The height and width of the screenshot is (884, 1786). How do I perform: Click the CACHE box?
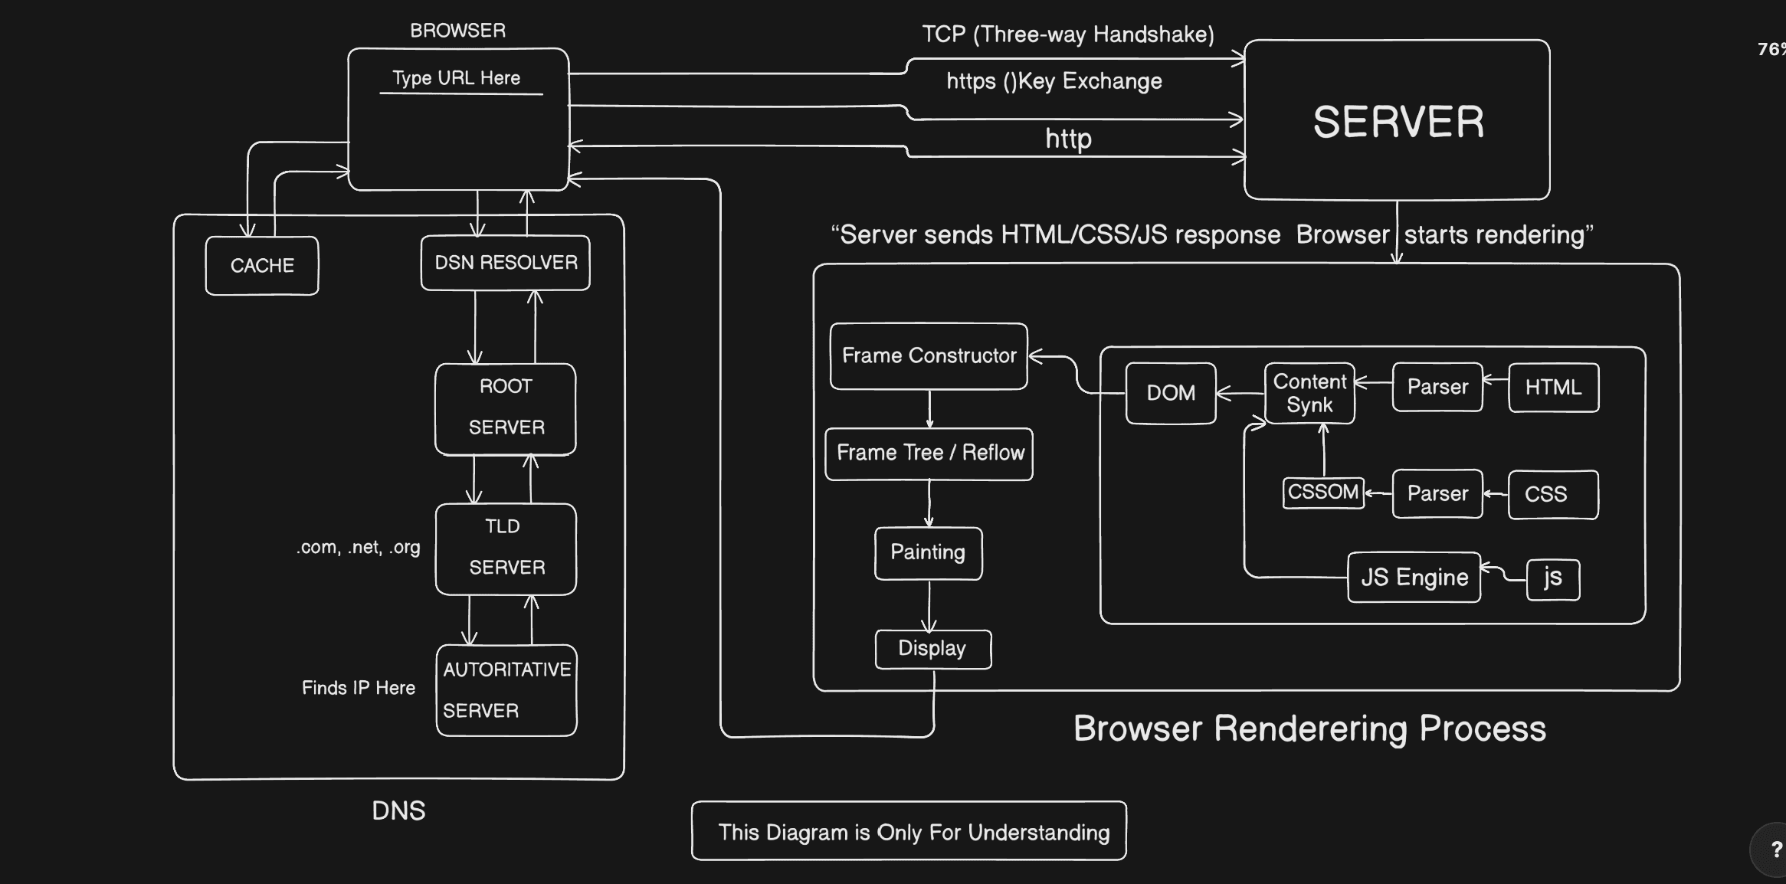pos(262,266)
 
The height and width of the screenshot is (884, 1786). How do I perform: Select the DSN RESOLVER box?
pos(506,263)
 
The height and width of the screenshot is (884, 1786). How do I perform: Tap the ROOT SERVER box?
pos(506,408)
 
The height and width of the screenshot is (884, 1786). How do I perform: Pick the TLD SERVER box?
pos(506,548)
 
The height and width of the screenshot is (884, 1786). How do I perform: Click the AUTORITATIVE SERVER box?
pos(506,690)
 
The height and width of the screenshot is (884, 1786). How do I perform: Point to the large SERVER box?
pos(1397,120)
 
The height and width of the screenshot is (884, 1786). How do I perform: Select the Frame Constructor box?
pos(929,356)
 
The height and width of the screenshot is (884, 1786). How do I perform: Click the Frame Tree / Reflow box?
pos(929,453)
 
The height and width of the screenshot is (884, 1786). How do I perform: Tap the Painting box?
pos(928,553)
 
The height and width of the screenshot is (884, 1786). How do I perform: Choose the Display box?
pos(932,649)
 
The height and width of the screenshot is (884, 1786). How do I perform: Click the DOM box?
pos(1171,393)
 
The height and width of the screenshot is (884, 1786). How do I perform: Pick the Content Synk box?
pos(1309,393)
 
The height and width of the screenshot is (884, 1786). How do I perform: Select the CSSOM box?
pos(1323,492)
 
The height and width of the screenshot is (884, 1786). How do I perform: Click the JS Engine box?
pos(1414,578)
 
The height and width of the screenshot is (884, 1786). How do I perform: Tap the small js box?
pos(1553,579)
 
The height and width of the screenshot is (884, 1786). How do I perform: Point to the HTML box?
pos(1553,388)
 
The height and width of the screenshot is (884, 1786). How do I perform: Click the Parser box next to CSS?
pos(1437,494)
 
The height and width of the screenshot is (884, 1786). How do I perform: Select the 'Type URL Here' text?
pos(457,78)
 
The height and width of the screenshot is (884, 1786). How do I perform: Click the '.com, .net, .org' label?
pos(359,547)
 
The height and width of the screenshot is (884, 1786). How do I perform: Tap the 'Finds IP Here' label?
pos(359,688)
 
